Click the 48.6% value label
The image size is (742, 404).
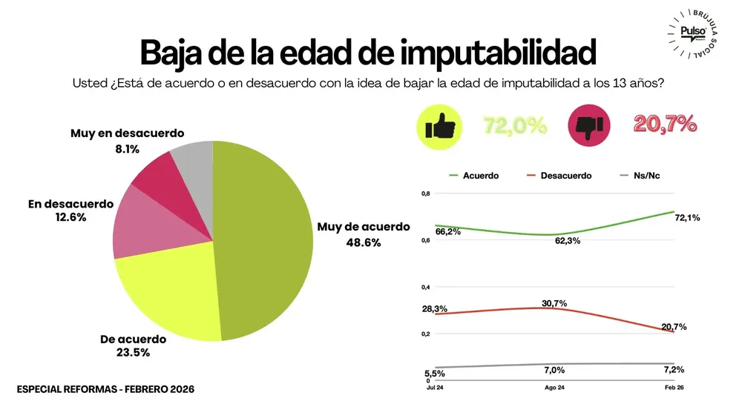tap(363, 242)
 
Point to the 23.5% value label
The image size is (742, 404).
tap(134, 353)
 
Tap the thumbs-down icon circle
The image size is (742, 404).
tap(591, 124)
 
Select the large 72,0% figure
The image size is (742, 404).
tap(515, 125)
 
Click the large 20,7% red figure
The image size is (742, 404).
tap(665, 125)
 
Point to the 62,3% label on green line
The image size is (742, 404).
tap(568, 241)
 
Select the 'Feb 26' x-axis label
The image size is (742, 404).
tap(674, 388)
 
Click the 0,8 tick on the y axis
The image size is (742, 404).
tap(425, 193)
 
